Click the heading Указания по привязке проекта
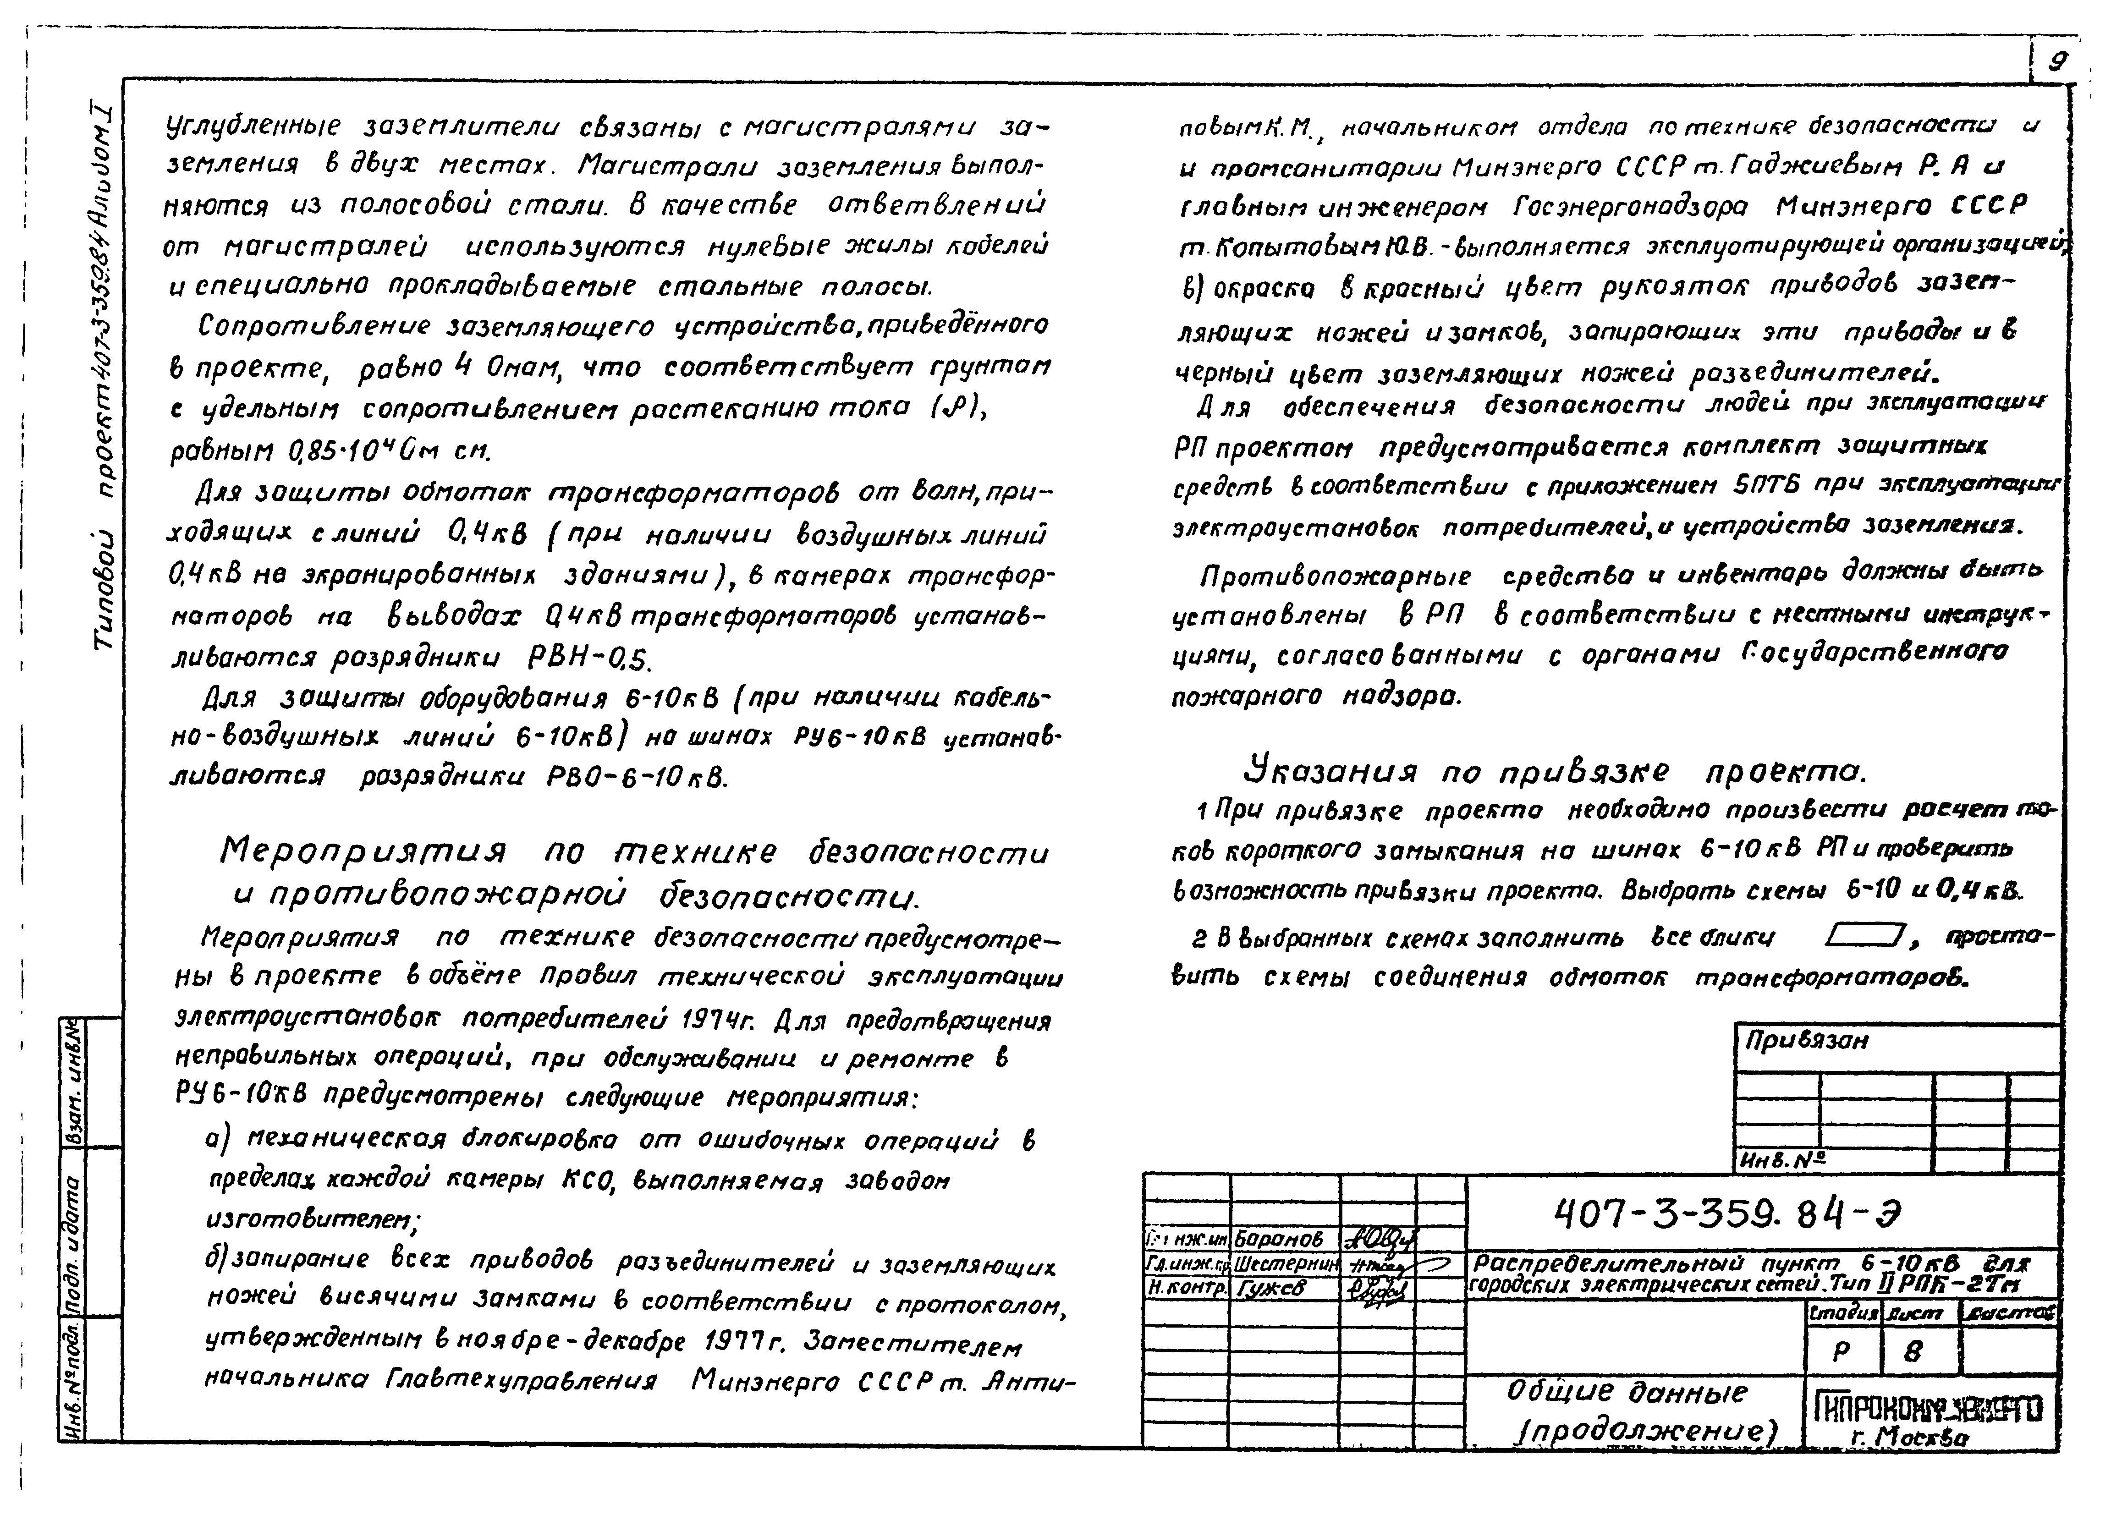click(x=1555, y=771)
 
